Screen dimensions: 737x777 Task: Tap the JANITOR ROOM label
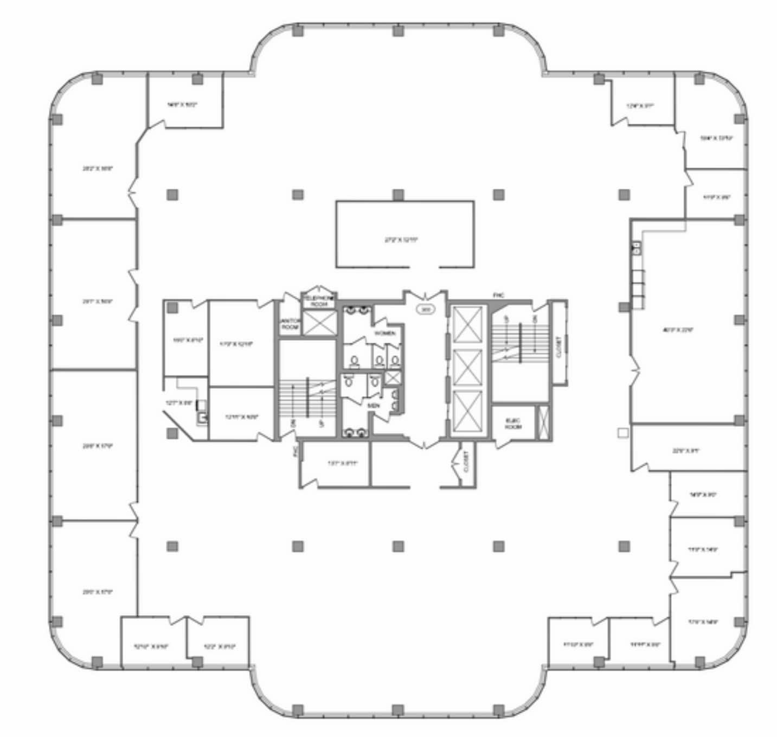[290, 324]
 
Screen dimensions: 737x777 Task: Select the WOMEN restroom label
[385, 333]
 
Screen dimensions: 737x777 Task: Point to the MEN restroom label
[373, 405]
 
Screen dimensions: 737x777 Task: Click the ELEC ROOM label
[512, 424]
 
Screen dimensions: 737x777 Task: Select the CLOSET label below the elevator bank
[466, 462]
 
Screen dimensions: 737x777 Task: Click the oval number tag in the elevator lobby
[426, 310]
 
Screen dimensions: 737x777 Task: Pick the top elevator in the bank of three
[467, 324]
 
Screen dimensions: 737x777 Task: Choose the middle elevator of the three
[467, 368]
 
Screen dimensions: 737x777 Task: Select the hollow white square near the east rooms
[623, 433]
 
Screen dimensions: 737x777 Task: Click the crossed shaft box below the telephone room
[319, 322]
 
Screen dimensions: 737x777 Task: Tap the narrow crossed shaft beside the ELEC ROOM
[543, 421]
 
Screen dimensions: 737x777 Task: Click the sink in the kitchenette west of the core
[202, 417]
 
